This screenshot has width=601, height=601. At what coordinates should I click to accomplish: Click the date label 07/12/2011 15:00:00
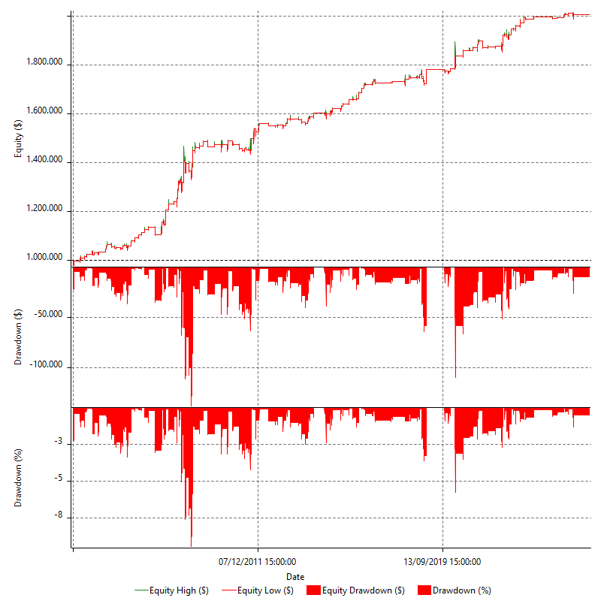[258, 561]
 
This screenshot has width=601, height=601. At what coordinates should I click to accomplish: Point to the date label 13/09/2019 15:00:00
[442, 561]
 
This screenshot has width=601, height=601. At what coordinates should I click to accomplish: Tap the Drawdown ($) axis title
[18, 337]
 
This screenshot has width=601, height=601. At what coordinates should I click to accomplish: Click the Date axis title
[295, 576]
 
